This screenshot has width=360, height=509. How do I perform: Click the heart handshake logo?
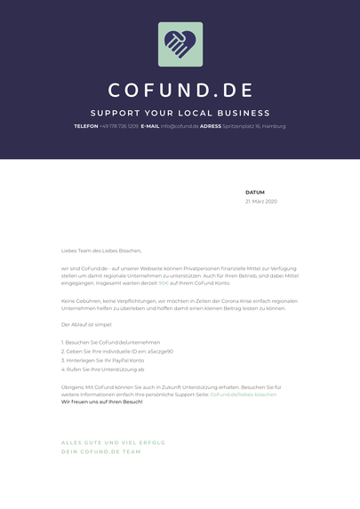[x=180, y=44]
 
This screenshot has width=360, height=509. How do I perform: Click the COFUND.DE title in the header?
[x=180, y=91]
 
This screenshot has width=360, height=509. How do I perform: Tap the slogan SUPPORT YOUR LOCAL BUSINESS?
[x=180, y=113]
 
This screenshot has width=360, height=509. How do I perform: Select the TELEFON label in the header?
[x=86, y=126]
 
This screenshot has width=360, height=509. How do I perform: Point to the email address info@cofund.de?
[x=180, y=126]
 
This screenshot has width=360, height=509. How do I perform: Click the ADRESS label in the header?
[x=211, y=126]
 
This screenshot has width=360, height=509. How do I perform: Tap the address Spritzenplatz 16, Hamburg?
[x=254, y=126]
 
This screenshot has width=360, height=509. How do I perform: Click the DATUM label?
[x=255, y=192]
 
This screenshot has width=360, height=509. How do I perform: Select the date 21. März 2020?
[x=261, y=202]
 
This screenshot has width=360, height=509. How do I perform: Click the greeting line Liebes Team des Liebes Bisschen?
[x=101, y=251]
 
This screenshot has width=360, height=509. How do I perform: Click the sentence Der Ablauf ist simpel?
[x=86, y=325]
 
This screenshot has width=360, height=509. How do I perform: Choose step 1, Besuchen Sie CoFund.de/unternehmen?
[x=111, y=342]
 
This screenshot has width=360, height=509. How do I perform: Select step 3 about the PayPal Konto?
[x=102, y=360]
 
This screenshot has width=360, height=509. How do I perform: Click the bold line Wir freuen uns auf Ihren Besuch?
[x=101, y=402]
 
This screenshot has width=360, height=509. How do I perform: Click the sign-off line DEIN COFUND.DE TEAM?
[x=100, y=451]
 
